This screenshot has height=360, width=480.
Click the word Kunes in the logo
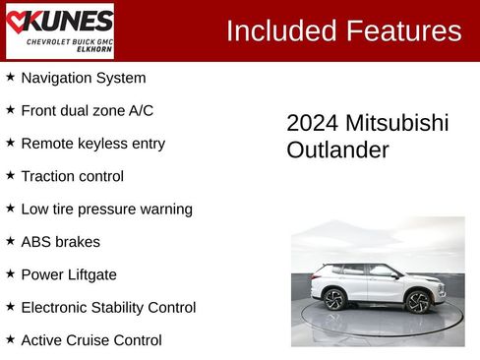(68, 21)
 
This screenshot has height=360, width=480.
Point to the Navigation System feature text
(83, 78)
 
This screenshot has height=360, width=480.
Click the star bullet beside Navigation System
(10, 77)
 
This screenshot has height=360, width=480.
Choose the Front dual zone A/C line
(87, 110)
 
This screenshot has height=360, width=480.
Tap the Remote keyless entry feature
(92, 144)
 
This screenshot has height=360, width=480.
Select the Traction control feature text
(72, 176)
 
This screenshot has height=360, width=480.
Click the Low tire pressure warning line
(106, 210)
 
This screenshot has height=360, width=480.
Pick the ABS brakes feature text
(60, 242)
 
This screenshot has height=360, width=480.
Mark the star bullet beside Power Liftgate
(10, 273)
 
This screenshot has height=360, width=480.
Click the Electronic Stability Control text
(108, 308)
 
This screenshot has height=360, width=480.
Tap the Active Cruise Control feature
(90, 340)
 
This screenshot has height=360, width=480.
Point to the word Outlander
(337, 150)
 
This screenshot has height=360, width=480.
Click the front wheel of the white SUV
(417, 302)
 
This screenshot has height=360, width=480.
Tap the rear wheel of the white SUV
(334, 300)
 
